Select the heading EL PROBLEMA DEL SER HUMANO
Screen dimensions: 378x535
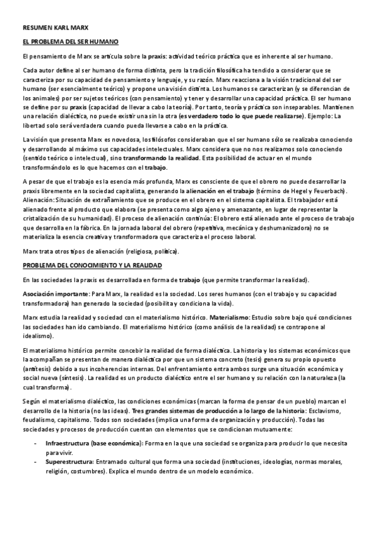click(70, 42)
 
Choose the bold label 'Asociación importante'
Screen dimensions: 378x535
click(54, 295)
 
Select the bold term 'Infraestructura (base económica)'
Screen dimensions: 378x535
click(88, 444)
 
